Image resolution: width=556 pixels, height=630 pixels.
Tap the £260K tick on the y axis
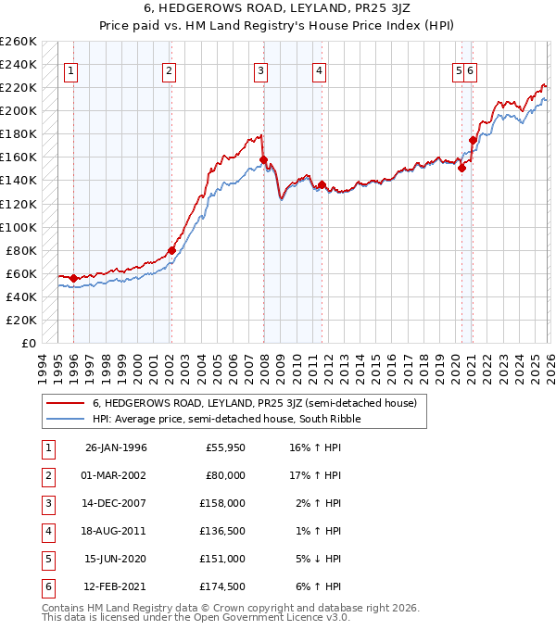pyautogui.click(x=19, y=42)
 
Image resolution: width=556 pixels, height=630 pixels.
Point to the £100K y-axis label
pyautogui.click(x=19, y=227)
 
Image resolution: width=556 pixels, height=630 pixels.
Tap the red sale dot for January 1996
pyautogui.click(x=73, y=278)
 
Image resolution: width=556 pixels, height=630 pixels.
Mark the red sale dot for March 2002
pyautogui.click(x=171, y=250)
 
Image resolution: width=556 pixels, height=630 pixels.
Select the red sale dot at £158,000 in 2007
pyautogui.click(x=263, y=159)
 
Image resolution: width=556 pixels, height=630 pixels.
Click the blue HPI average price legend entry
pyautogui.click(x=225, y=419)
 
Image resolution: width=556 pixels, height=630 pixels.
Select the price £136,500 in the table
pyautogui.click(x=222, y=531)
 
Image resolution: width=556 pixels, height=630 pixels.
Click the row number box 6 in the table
pyautogui.click(x=45, y=586)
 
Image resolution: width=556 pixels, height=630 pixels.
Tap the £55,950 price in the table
pyautogui.click(x=225, y=447)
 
